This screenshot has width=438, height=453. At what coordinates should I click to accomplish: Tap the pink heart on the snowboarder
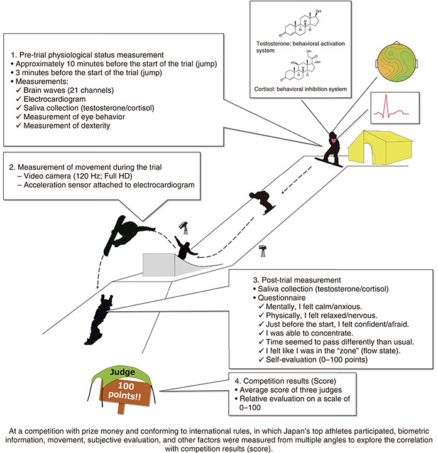pyautogui.click(x=334, y=141)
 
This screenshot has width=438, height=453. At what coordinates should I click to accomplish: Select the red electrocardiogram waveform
pyautogui.click(x=391, y=108)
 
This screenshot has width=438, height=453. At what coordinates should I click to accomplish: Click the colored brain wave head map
pyautogui.click(x=397, y=61)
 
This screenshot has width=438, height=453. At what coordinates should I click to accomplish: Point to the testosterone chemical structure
pyautogui.click(x=301, y=24)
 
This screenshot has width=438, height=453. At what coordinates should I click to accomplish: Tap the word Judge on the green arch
pyautogui.click(x=123, y=372)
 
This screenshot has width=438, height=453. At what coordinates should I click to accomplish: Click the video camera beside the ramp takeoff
pyautogui.click(x=183, y=228)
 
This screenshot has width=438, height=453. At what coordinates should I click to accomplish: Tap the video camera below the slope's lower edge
pyautogui.click(x=263, y=251)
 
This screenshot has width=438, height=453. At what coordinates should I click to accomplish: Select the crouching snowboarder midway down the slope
pyautogui.click(x=263, y=201)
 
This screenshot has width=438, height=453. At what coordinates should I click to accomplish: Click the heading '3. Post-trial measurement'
pyautogui.click(x=297, y=280)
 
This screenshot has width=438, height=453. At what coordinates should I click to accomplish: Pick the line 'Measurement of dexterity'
pyautogui.click(x=67, y=125)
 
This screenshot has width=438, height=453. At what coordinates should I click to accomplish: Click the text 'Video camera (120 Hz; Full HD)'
pyautogui.click(x=78, y=176)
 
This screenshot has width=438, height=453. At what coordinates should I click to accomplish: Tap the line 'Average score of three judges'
pyautogui.click(x=291, y=390)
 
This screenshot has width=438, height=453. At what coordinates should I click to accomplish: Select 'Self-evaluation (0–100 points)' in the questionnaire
pyautogui.click(x=317, y=360)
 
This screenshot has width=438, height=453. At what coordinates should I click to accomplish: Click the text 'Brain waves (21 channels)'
pyautogui.click(x=68, y=90)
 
